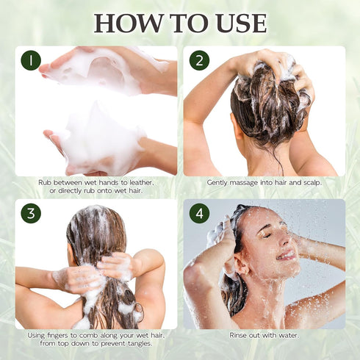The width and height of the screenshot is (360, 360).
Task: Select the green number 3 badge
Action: pos(31,214)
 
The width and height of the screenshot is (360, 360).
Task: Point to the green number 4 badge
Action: pos(199,214)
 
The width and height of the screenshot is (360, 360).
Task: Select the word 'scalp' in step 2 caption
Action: pos(308,182)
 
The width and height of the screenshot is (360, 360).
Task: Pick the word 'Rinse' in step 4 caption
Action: pos(237,335)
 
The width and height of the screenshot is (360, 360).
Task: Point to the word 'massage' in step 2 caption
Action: pos(246,182)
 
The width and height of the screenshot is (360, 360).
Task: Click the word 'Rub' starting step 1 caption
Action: pos(44,182)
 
